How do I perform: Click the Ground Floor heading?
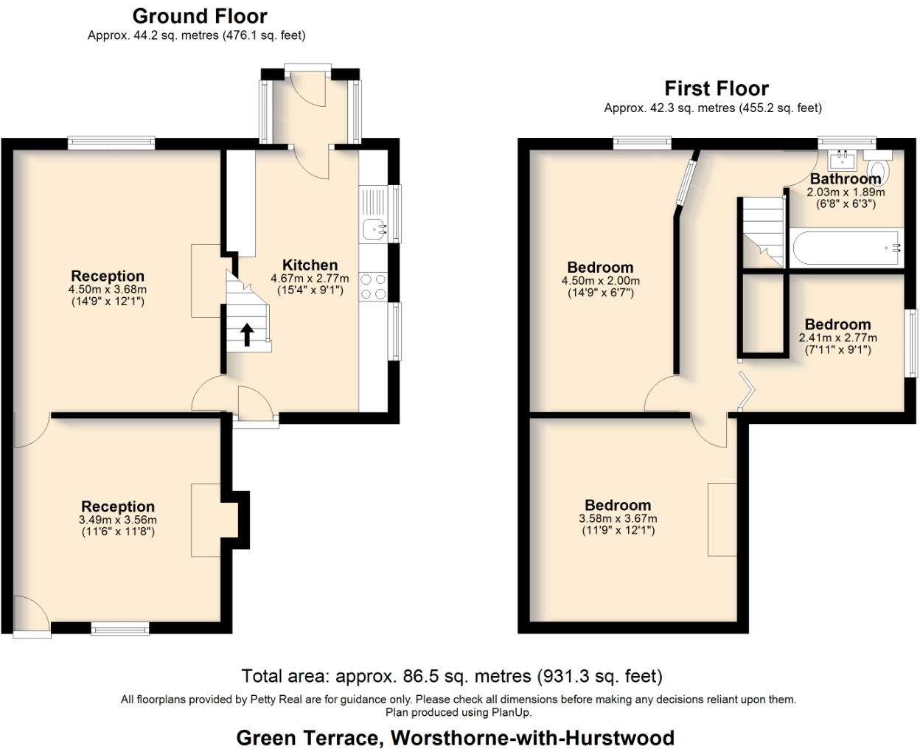(x=199, y=15)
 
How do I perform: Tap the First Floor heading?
(x=716, y=88)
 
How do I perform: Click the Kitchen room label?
(x=310, y=265)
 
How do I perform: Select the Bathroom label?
(x=845, y=178)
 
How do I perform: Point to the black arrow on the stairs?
(x=247, y=334)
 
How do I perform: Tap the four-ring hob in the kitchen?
(x=373, y=286)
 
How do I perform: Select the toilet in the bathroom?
(x=880, y=169)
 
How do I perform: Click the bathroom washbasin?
(x=841, y=158)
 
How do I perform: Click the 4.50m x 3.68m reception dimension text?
(x=108, y=290)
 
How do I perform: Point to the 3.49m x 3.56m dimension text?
(x=118, y=520)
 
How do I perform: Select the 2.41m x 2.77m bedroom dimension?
(x=837, y=338)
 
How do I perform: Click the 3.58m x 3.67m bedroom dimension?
(x=618, y=518)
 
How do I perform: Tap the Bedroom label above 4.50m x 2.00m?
(x=600, y=267)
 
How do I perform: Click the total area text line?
(x=452, y=676)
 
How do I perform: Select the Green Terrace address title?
(x=455, y=737)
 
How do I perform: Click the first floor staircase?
(x=761, y=231)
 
